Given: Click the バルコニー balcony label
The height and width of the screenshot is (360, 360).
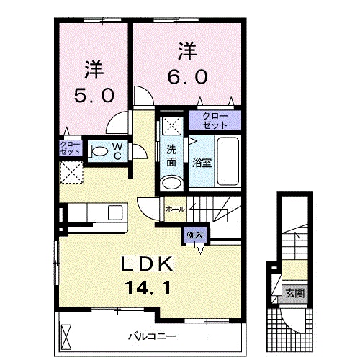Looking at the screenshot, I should [153, 336].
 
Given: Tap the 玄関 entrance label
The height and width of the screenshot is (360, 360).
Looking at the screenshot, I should [293, 293].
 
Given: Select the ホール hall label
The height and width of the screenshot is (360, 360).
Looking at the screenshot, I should [175, 209].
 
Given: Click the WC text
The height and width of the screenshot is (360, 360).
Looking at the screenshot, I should [120, 151].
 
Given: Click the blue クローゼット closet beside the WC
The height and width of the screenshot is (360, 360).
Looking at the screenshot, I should [71, 149].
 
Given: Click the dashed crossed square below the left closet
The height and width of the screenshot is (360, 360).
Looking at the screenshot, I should [71, 171].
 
